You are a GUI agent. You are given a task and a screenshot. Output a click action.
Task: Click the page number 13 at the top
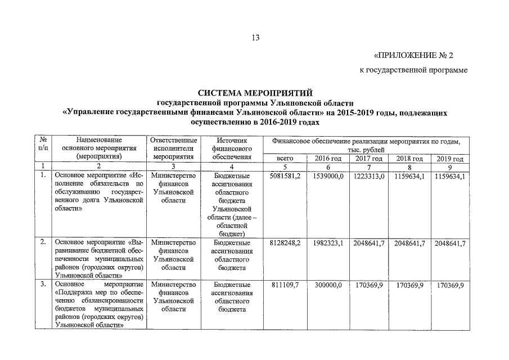pyautogui.click(x=255, y=38)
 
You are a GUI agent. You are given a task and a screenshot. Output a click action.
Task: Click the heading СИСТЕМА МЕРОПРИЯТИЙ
pyautogui.click(x=254, y=93)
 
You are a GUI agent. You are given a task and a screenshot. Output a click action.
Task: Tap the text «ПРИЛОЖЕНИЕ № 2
pyautogui.click(x=413, y=55)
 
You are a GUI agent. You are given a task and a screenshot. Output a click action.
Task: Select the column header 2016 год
pyautogui.click(x=328, y=159)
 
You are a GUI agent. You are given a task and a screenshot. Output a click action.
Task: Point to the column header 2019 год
pyautogui.click(x=449, y=159)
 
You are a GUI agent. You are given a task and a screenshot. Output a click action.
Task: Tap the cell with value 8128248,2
pyautogui.click(x=286, y=242)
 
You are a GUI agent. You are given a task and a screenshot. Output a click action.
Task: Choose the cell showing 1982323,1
pyautogui.click(x=328, y=242)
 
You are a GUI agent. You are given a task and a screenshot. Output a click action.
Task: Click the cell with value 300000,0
pyautogui.click(x=328, y=285)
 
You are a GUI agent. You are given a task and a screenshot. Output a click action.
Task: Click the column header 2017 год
pyautogui.click(x=370, y=159)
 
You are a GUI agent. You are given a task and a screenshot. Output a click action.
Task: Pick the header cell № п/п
pyautogui.click(x=43, y=144)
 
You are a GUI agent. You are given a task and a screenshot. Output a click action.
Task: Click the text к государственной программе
pyautogui.click(x=413, y=70)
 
